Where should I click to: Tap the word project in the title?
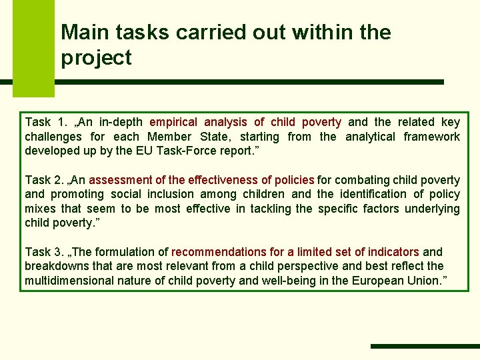coord(96,59)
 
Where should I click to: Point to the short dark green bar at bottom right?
coord(424,346)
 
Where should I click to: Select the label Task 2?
coord(44,179)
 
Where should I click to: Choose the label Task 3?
coord(44,252)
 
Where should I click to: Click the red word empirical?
coord(173,122)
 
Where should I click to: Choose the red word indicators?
coord(389,252)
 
